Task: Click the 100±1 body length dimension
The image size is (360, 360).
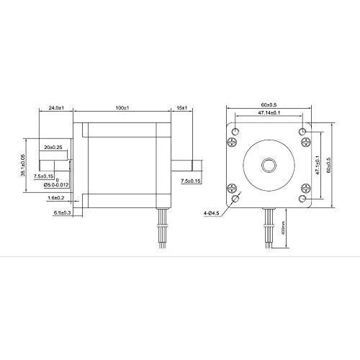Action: point(122,107)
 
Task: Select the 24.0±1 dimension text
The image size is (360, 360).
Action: point(57,107)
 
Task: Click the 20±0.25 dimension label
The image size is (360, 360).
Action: point(53,147)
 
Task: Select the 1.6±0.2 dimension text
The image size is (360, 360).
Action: point(56,197)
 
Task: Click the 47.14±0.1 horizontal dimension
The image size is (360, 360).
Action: point(269,113)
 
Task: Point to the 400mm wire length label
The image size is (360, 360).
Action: point(284,228)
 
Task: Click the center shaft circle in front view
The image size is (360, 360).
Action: point(269,165)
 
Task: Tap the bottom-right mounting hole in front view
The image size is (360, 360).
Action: point(302,198)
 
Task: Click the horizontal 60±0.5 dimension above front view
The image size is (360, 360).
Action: point(269,104)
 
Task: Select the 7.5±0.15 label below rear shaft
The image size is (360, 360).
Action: point(191,181)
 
